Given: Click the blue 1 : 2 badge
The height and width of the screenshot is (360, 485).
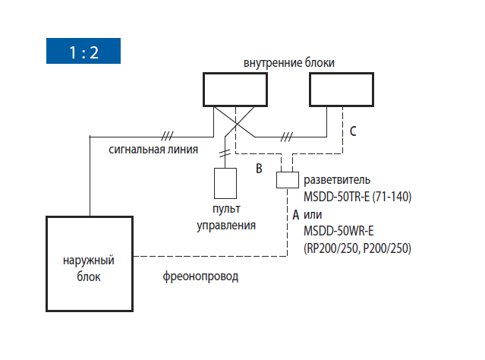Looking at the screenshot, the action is [83, 51].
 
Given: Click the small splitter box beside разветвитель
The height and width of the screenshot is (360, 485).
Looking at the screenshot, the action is [288, 180].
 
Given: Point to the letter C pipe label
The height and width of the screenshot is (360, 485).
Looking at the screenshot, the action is [353, 131].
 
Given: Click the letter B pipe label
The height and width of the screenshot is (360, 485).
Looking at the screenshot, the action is [259, 169].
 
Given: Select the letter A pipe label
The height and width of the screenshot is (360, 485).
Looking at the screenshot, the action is [296, 214].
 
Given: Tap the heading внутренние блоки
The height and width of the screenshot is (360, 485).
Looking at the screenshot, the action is [289, 62].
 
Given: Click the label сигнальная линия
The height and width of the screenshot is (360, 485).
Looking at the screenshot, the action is [153, 150].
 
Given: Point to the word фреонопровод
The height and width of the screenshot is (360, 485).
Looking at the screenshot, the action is [200, 276].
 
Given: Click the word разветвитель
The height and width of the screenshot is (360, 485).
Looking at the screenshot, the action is [337, 180].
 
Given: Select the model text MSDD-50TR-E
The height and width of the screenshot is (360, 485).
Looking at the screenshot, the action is [336, 197].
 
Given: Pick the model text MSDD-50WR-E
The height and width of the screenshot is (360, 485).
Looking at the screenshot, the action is [339, 231].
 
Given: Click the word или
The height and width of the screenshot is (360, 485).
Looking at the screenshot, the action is [313, 214].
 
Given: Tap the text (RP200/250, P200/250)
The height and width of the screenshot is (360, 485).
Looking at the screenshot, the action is [357, 248].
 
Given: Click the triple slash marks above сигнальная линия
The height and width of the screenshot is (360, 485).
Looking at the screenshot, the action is [167, 136].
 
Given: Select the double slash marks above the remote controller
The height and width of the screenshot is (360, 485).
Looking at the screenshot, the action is [225, 153].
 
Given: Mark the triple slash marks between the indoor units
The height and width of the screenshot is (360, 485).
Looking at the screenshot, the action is [286, 137].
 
